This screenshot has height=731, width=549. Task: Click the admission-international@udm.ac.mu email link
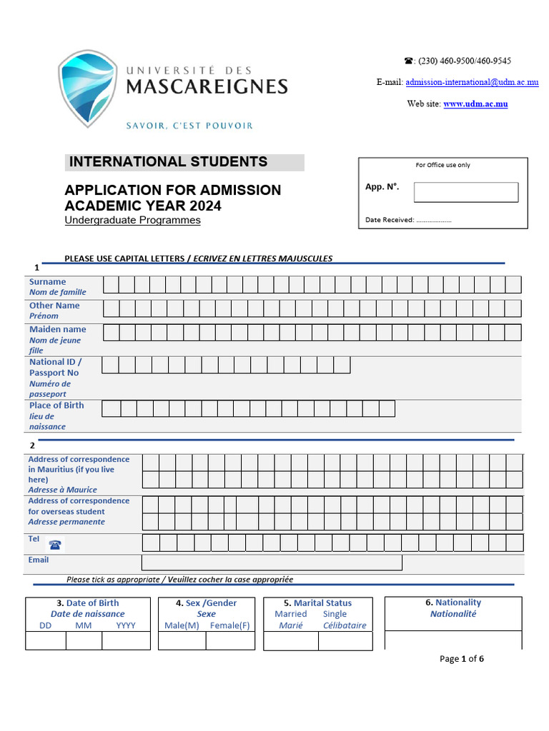472,82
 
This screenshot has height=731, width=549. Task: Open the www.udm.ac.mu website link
475,104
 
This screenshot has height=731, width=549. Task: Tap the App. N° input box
465,192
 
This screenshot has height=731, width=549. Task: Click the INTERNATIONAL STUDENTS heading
168,162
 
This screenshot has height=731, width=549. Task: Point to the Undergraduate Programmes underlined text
132,220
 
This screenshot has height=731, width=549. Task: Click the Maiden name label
57,329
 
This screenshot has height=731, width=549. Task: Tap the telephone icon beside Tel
55,544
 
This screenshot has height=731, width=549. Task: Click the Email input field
272,563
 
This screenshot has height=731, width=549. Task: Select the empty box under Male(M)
182,640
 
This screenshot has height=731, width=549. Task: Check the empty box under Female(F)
230,640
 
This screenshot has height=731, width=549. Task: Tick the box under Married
291,640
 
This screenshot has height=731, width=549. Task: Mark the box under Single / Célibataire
345,640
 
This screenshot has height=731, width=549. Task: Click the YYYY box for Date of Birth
126,640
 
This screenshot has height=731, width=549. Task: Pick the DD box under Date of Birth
46,640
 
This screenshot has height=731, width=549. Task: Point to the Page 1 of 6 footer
462,658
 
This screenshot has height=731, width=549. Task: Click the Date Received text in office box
390,220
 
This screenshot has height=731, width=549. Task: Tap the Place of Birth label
56,405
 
